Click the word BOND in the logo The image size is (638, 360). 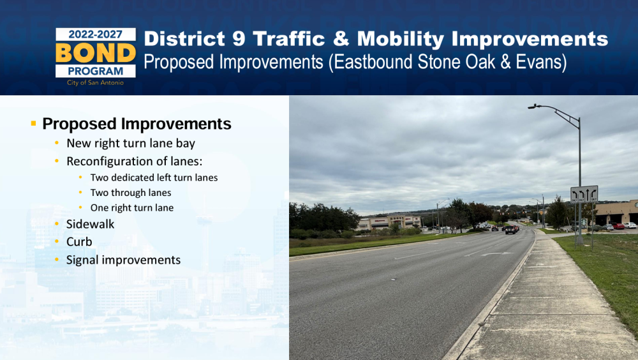[96, 52]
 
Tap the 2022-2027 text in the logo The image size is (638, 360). [95, 34]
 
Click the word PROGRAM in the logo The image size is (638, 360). [96, 71]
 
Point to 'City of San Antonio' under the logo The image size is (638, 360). [95, 83]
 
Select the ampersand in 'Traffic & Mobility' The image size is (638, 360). [341, 39]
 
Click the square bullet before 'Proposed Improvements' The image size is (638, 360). [33, 123]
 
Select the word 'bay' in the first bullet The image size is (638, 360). [186, 144]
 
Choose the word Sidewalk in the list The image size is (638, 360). [91, 224]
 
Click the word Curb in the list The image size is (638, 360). [79, 242]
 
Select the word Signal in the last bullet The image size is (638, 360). [82, 260]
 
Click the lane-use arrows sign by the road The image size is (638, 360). [584, 194]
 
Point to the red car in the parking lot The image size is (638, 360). [618, 226]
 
